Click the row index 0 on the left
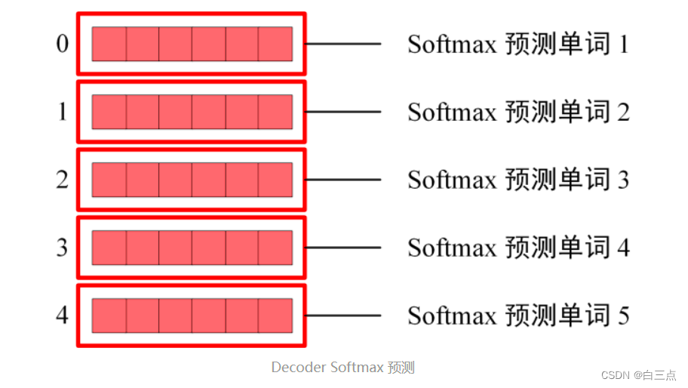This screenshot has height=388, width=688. (62, 44)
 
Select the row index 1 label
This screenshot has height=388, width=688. (62, 112)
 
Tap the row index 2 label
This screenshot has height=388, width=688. (62, 180)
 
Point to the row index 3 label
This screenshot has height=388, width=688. (62, 248)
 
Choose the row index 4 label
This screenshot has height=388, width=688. (62, 315)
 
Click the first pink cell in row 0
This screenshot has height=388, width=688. (109, 44)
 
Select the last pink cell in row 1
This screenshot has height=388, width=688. (275, 112)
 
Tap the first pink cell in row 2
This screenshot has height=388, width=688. (109, 180)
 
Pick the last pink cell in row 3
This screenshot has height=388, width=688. (275, 248)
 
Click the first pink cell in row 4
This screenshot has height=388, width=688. (109, 315)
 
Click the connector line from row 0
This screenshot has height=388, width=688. (343, 44)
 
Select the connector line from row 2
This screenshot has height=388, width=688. (343, 180)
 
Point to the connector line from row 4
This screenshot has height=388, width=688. (343, 316)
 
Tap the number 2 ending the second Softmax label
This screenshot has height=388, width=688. (623, 112)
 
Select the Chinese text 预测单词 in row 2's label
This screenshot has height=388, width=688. (557, 180)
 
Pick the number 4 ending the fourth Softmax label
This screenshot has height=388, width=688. (623, 248)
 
